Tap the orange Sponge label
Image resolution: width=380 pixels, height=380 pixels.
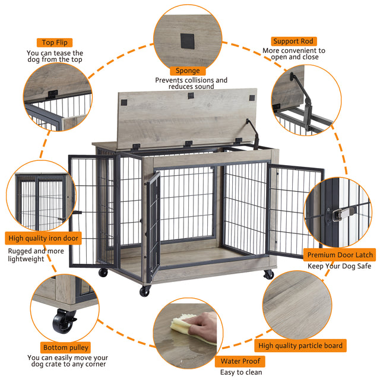coord(187,71)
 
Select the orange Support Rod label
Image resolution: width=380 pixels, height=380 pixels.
coord(293,41)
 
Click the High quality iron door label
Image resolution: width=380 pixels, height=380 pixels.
coord(43,239)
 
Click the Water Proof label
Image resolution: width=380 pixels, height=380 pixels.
coord(239,361)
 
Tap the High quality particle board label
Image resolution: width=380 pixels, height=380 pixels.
coord(300,345)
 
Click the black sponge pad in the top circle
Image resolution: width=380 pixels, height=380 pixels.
coord(187,41)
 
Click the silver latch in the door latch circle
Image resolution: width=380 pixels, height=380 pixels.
coord(344,210)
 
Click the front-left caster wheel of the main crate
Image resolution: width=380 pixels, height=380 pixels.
coord(144,291)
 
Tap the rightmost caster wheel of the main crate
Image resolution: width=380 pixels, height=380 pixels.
coord(268,274)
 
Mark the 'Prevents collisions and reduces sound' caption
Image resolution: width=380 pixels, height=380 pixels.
coord(191,83)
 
